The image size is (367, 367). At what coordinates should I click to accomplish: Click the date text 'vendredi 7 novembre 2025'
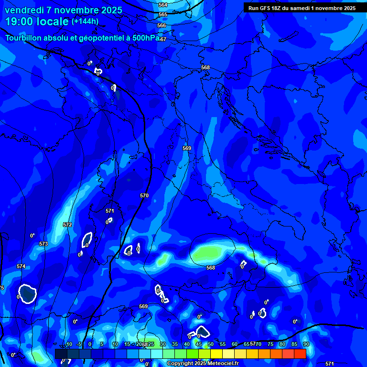pyautogui.click(x=64, y=10)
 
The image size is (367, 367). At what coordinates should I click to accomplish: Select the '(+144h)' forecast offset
pyautogui.click(x=85, y=22)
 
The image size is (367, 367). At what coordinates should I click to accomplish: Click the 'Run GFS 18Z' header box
pyautogui.click(x=302, y=8)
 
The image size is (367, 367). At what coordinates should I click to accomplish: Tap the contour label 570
pyautogui.click(x=144, y=195)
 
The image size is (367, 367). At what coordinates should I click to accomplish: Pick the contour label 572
pyautogui.click(x=67, y=225)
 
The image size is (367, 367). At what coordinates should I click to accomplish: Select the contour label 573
pyautogui.click(x=43, y=244)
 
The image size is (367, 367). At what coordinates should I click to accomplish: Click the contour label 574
pyautogui.click(x=21, y=266)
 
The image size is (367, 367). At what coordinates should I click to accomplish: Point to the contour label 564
pyautogui.click(x=163, y=5)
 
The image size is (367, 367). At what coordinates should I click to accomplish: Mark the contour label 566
pyautogui.click(x=162, y=25)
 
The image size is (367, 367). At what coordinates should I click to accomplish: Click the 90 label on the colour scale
pyautogui.click(x=306, y=344)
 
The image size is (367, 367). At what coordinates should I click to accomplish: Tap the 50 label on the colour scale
pyautogui.click(x=210, y=344)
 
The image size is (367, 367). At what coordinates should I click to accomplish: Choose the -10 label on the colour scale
pyautogui.click(x=68, y=344)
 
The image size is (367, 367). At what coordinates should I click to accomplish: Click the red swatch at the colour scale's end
pyautogui.click(x=300, y=354)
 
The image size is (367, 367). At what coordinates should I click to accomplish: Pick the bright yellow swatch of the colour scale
pyautogui.click(x=216, y=354)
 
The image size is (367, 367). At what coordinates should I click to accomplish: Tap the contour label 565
pyautogui.click(x=163, y=15)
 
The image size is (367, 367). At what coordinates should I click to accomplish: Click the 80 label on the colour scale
pyautogui.click(x=282, y=344)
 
